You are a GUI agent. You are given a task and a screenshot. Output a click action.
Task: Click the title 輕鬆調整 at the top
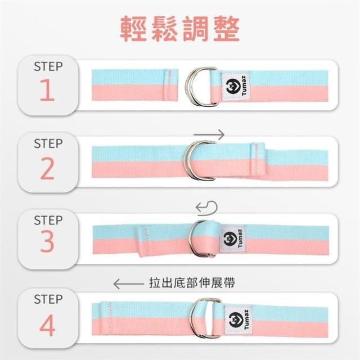click(x=180, y=29)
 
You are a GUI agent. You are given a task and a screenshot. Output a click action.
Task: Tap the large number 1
click(x=47, y=90)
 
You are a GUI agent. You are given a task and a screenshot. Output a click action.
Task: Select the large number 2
click(x=47, y=168)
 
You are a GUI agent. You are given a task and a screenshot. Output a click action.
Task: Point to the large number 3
click(x=47, y=241)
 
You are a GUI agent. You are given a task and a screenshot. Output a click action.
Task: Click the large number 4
click(x=47, y=325)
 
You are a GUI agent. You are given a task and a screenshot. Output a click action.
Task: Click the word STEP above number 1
click(x=48, y=66)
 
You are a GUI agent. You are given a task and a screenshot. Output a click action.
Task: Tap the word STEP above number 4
click(x=48, y=299)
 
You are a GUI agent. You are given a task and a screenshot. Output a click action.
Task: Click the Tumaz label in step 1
click(x=236, y=86)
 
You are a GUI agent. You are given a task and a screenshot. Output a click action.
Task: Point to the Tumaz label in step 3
click(x=232, y=239)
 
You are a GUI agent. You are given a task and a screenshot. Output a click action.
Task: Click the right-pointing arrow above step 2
click(x=209, y=134)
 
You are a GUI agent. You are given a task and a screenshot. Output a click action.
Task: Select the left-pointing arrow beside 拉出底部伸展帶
click(x=128, y=283)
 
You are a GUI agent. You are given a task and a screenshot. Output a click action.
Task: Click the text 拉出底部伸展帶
click(x=192, y=282)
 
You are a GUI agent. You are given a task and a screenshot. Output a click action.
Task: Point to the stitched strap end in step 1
click(x=170, y=85)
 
